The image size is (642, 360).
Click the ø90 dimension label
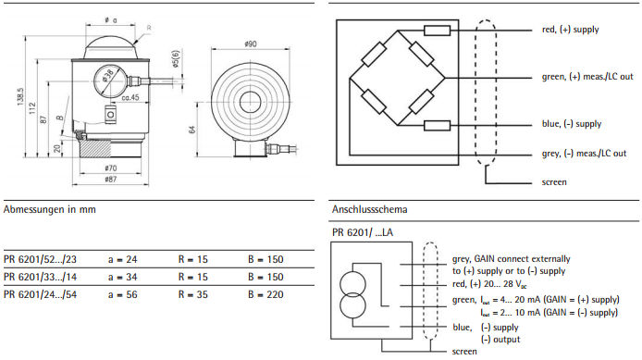(250, 43)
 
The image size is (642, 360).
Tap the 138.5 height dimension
(21, 97)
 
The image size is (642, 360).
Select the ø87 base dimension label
(111, 179)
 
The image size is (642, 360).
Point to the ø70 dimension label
(111, 168)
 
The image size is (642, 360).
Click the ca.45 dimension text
(130, 97)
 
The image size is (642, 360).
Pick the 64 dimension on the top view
(192, 130)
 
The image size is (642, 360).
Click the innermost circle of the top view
(250, 102)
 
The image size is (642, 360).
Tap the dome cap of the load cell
(111, 47)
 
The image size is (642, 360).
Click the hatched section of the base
(95, 148)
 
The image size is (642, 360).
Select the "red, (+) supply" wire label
(571, 30)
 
